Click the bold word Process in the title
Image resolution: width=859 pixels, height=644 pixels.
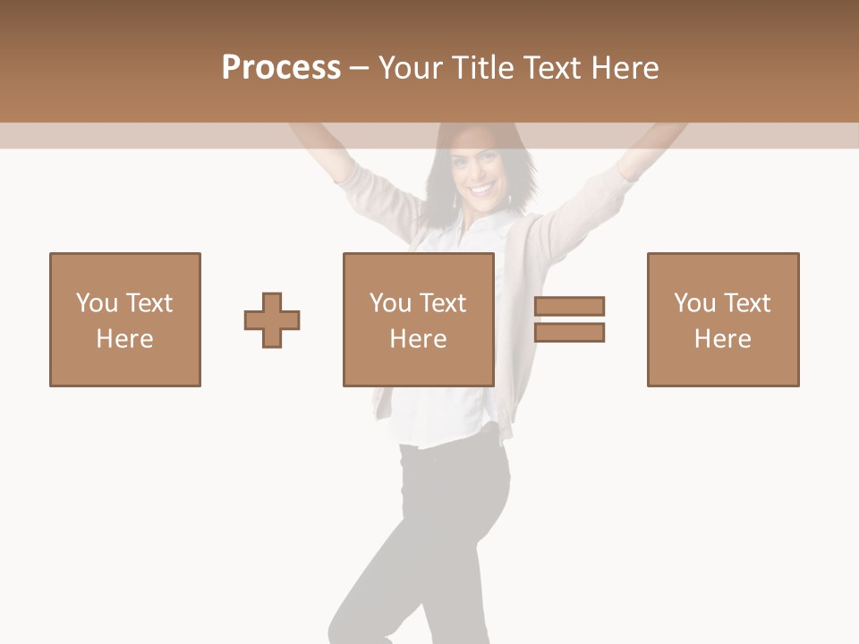[281, 68]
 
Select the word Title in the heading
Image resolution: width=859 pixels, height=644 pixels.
[483, 68]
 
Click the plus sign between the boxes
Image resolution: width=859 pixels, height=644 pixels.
[272, 320]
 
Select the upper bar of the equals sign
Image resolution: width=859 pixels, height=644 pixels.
[569, 306]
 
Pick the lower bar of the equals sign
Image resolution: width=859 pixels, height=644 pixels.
[569, 333]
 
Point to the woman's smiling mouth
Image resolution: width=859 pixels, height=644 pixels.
[481, 189]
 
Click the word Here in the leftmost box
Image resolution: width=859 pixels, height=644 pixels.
[125, 339]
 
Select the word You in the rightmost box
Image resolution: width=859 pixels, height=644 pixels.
[694, 303]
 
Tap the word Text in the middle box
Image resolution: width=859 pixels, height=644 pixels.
[443, 303]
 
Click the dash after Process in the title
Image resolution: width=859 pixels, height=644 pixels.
[360, 68]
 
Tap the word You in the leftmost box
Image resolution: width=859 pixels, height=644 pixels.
[97, 303]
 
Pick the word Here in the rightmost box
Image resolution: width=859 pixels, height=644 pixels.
[723, 339]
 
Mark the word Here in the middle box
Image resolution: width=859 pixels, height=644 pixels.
[419, 339]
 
